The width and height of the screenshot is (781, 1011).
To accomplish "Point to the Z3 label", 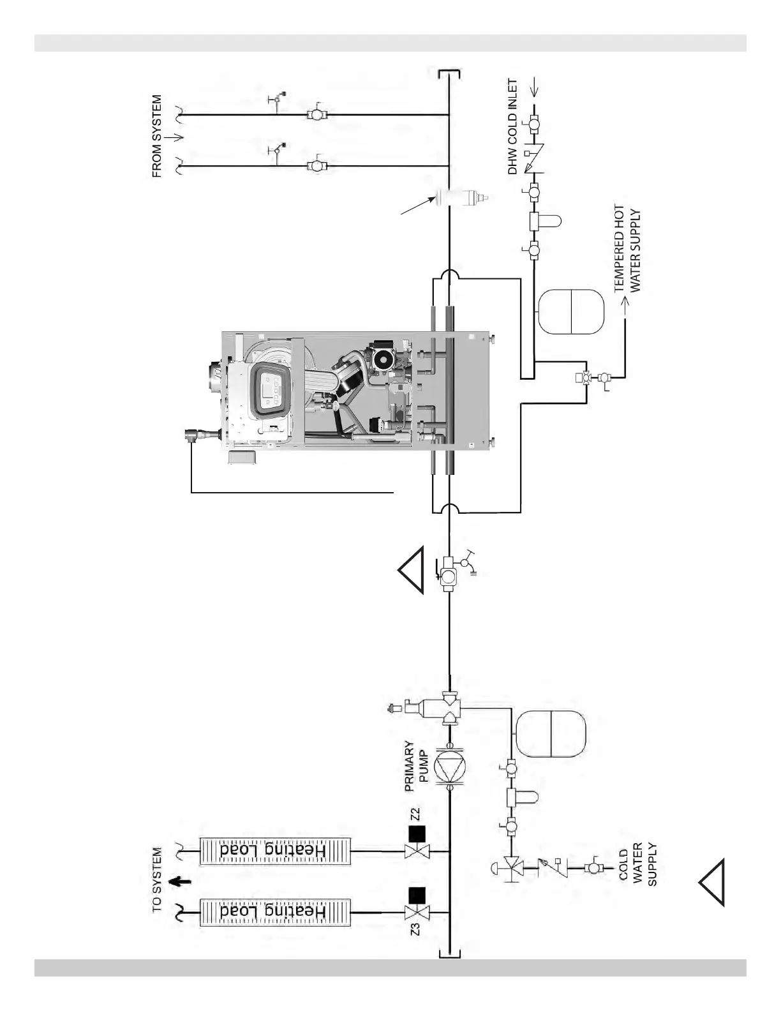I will click(415, 927).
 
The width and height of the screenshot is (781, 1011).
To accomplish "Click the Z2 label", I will click(415, 814).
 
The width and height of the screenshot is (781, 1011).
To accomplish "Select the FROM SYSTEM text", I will click(158, 137).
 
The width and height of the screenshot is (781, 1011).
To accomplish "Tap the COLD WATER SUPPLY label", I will click(637, 865).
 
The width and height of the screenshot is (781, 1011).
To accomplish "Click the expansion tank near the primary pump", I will click(550, 735).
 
